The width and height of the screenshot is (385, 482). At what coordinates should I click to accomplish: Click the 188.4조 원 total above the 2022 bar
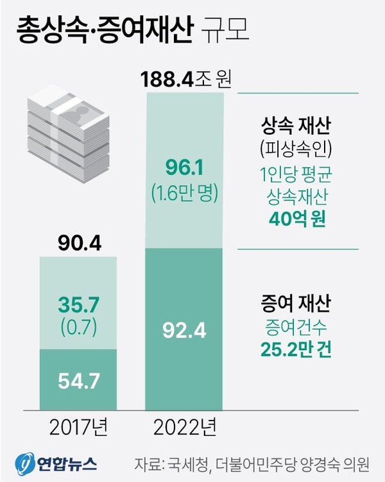[185, 81]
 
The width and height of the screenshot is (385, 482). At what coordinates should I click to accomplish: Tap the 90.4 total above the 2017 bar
[79, 244]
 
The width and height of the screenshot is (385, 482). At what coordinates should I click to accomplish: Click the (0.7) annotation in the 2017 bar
[78, 328]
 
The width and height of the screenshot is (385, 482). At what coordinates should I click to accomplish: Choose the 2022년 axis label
[185, 426]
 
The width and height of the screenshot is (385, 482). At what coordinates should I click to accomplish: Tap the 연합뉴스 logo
[56, 461]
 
